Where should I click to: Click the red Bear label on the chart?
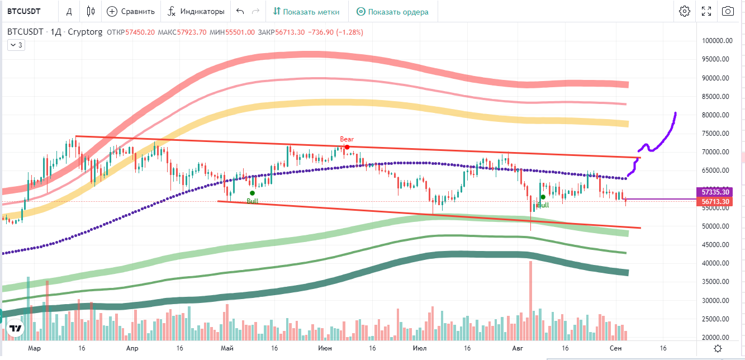click(347, 139)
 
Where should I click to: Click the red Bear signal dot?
click(347, 147)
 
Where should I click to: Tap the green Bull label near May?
click(252, 201)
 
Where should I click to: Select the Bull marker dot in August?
click(543, 197)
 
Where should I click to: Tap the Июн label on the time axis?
click(324, 348)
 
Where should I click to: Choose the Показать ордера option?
click(392, 11)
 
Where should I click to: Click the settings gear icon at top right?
click(685, 11)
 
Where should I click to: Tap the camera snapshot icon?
click(728, 11)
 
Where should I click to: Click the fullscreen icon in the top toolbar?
click(706, 11)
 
